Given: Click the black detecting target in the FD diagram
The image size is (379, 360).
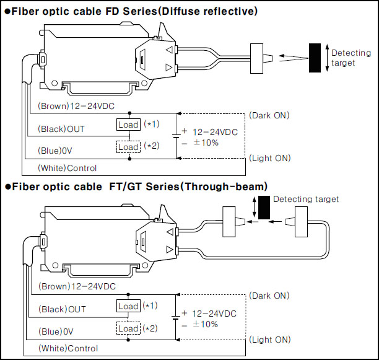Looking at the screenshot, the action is click(315, 58).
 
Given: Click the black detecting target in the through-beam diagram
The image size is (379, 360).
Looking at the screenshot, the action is click(264, 208).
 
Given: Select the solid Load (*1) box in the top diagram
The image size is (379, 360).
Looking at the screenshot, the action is click(128, 125).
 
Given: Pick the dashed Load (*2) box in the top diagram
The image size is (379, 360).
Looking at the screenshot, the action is click(128, 147).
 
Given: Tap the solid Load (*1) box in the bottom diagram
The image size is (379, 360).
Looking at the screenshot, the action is click(128, 306).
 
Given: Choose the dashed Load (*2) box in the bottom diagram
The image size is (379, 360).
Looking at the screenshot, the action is click(128, 328).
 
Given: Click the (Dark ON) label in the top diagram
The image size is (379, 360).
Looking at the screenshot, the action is click(269, 115).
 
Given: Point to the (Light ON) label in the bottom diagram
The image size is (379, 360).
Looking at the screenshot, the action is click(270, 340).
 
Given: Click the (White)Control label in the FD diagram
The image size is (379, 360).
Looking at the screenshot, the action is click(68, 168).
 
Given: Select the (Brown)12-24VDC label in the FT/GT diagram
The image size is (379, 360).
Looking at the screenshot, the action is click(77, 286).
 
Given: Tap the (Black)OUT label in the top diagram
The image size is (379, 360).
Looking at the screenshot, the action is click(61, 129).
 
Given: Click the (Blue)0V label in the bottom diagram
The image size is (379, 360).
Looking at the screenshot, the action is click(56, 331).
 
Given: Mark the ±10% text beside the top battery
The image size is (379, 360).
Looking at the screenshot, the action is click(206, 143).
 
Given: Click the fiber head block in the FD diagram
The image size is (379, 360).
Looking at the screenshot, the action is click(256, 58).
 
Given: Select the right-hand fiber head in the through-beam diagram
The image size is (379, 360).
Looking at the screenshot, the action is click(301, 222).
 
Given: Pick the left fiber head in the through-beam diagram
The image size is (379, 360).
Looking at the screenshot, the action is click(229, 222).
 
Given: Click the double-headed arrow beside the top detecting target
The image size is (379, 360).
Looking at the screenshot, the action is click(327, 58).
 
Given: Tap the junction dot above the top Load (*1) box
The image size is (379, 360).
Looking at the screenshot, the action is click(129, 113).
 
